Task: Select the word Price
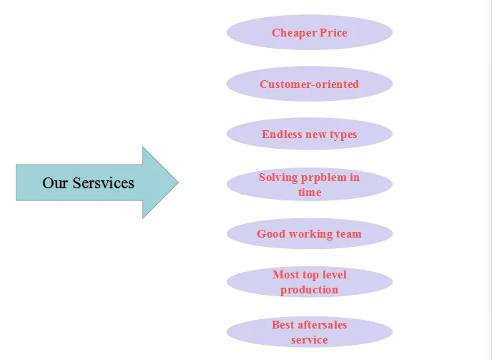pyautogui.click(x=333, y=32)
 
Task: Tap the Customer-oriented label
pyautogui.click(x=310, y=84)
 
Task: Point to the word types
pyautogui.click(x=343, y=135)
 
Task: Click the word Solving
pyautogui.click(x=278, y=177)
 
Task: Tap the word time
pyautogui.click(x=310, y=193)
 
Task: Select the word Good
pyautogui.click(x=271, y=234)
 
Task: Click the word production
pyautogui.click(x=310, y=290)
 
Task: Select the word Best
pyautogui.click(x=282, y=325)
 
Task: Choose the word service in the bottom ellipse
pyautogui.click(x=310, y=340)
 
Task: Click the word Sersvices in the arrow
pyautogui.click(x=104, y=183)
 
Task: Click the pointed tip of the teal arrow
pyautogui.click(x=179, y=183)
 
